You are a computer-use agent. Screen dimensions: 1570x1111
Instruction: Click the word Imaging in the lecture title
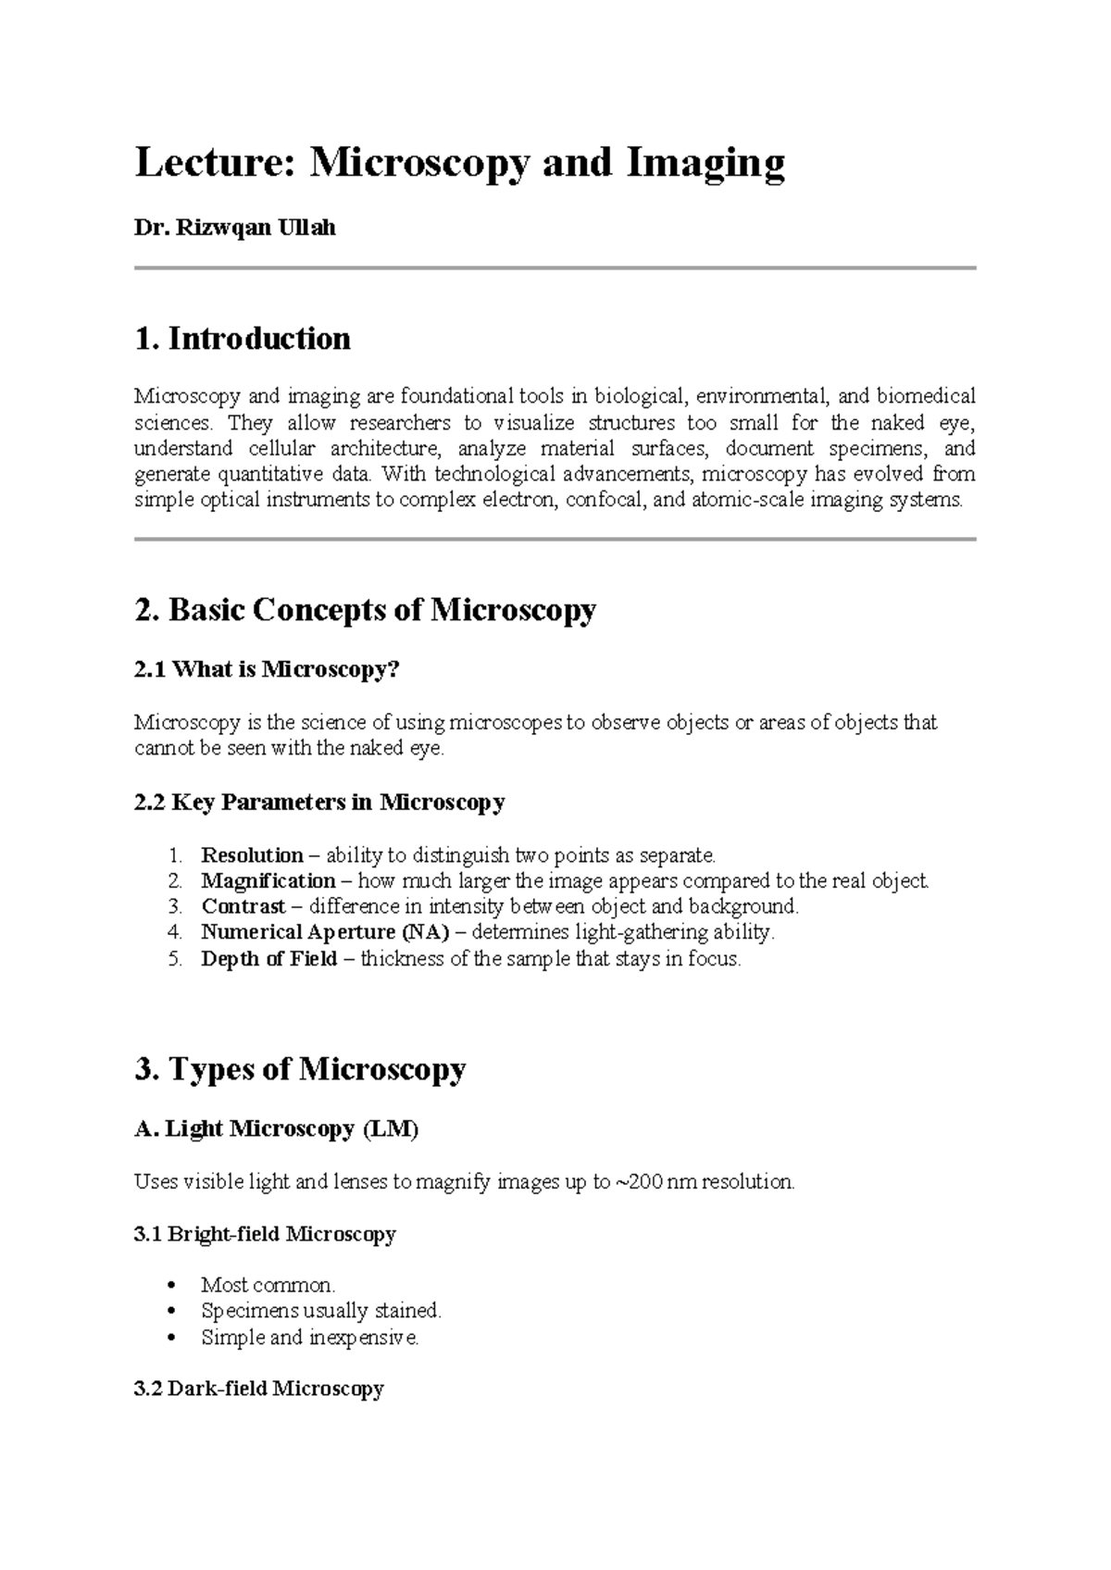pos(705,164)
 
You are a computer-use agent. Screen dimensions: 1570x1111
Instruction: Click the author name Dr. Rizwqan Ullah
pos(235,228)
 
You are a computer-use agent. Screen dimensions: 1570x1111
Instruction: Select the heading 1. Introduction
pos(243,339)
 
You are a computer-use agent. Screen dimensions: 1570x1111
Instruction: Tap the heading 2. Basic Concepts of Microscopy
pos(366,610)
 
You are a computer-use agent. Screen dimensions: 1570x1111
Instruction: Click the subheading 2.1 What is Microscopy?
pos(266,669)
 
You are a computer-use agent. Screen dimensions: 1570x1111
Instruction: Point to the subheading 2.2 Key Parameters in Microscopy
pos(319,802)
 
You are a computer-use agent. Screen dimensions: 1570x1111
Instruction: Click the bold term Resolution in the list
pos(252,854)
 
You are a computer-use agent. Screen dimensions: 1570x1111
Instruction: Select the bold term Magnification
pos(268,880)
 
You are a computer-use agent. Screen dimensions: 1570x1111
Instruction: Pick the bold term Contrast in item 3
pos(243,906)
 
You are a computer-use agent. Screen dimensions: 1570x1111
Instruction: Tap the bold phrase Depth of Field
pos(269,958)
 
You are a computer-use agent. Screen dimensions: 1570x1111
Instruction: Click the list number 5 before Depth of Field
pos(176,958)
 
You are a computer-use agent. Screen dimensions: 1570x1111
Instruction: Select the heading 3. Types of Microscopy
pos(300,1069)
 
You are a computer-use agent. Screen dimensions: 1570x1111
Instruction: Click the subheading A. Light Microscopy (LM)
pos(277,1129)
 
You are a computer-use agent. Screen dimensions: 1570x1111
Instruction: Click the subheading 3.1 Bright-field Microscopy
pos(265,1234)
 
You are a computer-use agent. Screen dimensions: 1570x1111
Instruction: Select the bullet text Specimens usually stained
pos(321,1311)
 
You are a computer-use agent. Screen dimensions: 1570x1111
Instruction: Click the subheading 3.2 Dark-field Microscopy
pos(259,1389)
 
